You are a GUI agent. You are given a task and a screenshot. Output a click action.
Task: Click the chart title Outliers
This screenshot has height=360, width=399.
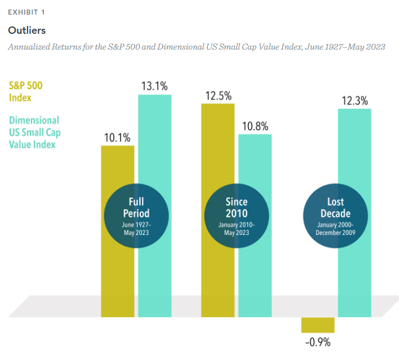(26, 29)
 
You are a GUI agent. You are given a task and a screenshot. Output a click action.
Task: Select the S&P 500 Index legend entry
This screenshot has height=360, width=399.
(25, 91)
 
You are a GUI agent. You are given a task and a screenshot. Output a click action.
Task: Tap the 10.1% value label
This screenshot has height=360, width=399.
(117, 137)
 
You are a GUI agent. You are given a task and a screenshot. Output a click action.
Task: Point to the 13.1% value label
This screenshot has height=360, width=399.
(154, 86)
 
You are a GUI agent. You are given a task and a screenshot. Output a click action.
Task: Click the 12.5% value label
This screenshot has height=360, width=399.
(218, 96)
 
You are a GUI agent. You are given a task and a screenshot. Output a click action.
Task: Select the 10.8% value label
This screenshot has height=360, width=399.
(254, 125)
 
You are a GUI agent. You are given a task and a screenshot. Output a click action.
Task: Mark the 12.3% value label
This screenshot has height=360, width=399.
(354, 101)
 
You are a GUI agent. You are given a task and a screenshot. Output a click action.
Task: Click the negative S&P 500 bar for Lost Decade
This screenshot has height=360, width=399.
(318, 325)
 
